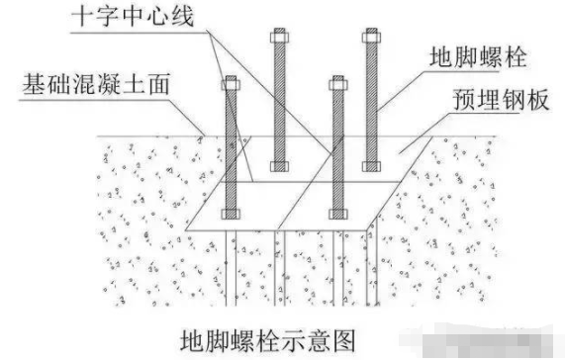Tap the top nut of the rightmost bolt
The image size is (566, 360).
pyautogui.click(x=372, y=38)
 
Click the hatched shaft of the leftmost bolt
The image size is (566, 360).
pyautogui.click(x=232, y=148)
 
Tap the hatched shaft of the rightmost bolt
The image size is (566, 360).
pyautogui.click(x=372, y=99)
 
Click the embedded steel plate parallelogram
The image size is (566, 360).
pyautogui.click(x=297, y=203)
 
